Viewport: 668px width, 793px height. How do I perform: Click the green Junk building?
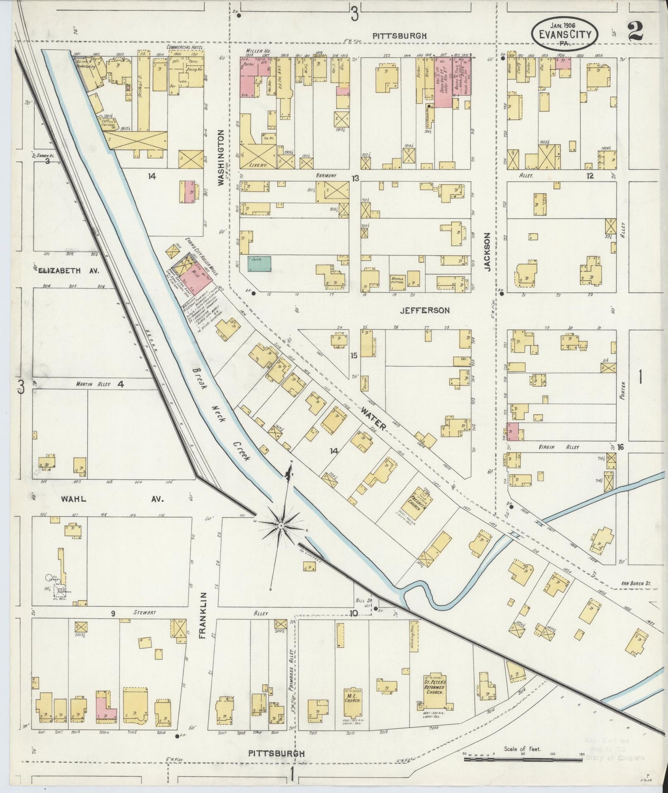260,264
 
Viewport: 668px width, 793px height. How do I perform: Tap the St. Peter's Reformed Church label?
434,688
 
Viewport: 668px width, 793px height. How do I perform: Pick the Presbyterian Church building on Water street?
419,501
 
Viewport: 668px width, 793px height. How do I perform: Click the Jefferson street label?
424,310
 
